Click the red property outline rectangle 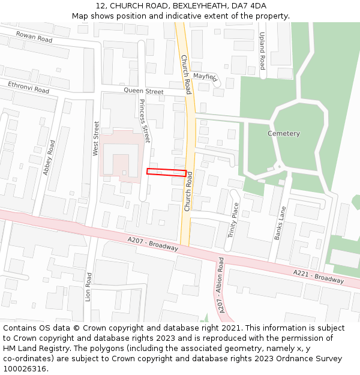coord(166,172)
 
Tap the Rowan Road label coord(34,37)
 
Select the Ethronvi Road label coord(28,87)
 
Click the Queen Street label coord(143,91)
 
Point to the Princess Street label coord(143,120)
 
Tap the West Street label coord(96,139)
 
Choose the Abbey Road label coord(49,157)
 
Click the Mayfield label coord(205,76)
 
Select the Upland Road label coord(262,51)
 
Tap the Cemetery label coord(283,133)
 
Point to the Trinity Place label coord(234,220)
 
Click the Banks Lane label coord(281,223)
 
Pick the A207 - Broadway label coord(153,243)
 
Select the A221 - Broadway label coord(318,277)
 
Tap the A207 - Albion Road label coord(221,285)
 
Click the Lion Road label coord(88,287)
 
